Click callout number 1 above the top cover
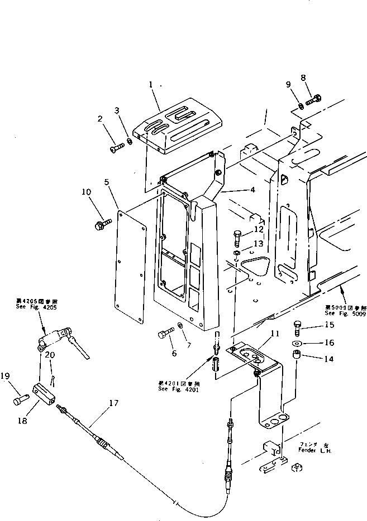click(x=150, y=85)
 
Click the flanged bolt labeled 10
click(x=99, y=225)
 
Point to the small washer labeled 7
click(x=180, y=325)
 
